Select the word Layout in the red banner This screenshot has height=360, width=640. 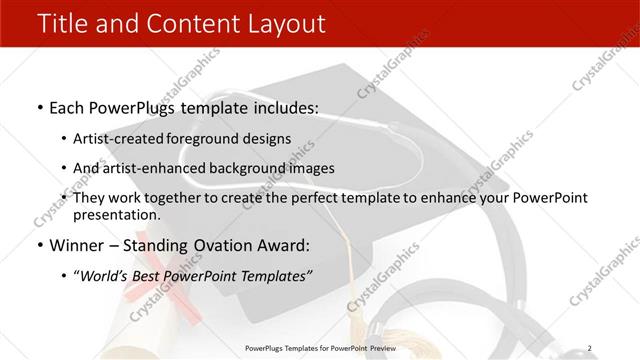click(x=285, y=23)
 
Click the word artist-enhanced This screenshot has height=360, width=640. click(x=147, y=168)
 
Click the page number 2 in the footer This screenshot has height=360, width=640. click(x=590, y=347)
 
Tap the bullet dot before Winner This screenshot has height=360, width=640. click(x=38, y=246)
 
